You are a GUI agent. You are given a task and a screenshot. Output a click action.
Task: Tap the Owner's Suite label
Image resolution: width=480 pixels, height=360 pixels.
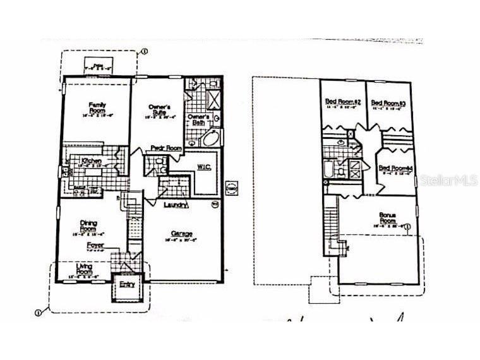(159, 110)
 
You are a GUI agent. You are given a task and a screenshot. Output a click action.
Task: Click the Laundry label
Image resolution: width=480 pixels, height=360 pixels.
(174, 205)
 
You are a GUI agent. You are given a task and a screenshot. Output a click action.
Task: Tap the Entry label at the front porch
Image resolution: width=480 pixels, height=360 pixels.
(128, 285)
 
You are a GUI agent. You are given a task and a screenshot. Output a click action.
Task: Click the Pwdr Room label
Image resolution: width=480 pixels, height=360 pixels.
(166, 148)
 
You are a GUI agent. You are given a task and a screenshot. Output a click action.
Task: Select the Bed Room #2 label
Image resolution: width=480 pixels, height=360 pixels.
(342, 102)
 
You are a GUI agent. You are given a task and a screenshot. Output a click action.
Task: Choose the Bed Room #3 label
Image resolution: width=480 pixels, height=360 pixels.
(387, 103)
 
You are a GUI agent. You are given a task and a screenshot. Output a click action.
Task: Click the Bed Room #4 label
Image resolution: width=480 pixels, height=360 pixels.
(395, 168)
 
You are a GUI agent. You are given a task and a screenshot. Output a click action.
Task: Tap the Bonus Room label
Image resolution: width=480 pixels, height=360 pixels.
(387, 219)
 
